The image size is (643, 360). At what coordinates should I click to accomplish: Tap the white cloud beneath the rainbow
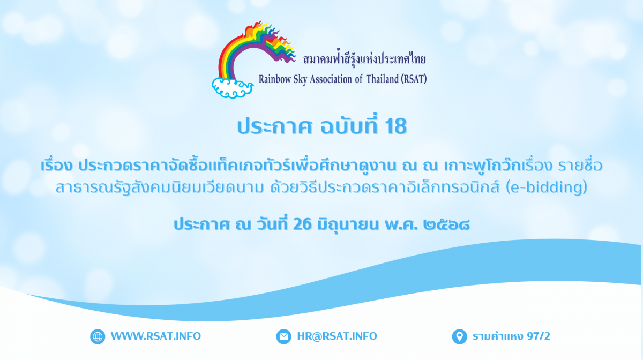pyautogui.click(x=233, y=88)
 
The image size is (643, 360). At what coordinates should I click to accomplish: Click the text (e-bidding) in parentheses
pyautogui.click(x=546, y=187)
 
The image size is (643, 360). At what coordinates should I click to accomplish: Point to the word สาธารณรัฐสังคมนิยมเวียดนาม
pyautogui.click(x=159, y=187)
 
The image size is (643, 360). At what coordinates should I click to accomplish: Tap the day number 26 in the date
pyautogui.click(x=302, y=224)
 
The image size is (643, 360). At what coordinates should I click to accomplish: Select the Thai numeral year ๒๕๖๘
pyautogui.click(x=446, y=224)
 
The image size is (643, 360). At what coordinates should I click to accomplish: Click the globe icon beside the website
pyautogui.click(x=98, y=336)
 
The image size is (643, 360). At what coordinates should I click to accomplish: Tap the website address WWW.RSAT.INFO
pyautogui.click(x=156, y=336)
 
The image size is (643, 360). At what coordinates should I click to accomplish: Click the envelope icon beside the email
pyautogui.click(x=283, y=336)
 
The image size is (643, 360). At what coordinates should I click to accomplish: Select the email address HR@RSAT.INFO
pyautogui.click(x=337, y=336)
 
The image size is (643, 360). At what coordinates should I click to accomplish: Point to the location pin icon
pyautogui.click(x=459, y=336)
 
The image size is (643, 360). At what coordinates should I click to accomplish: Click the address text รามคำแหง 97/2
pyautogui.click(x=511, y=336)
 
